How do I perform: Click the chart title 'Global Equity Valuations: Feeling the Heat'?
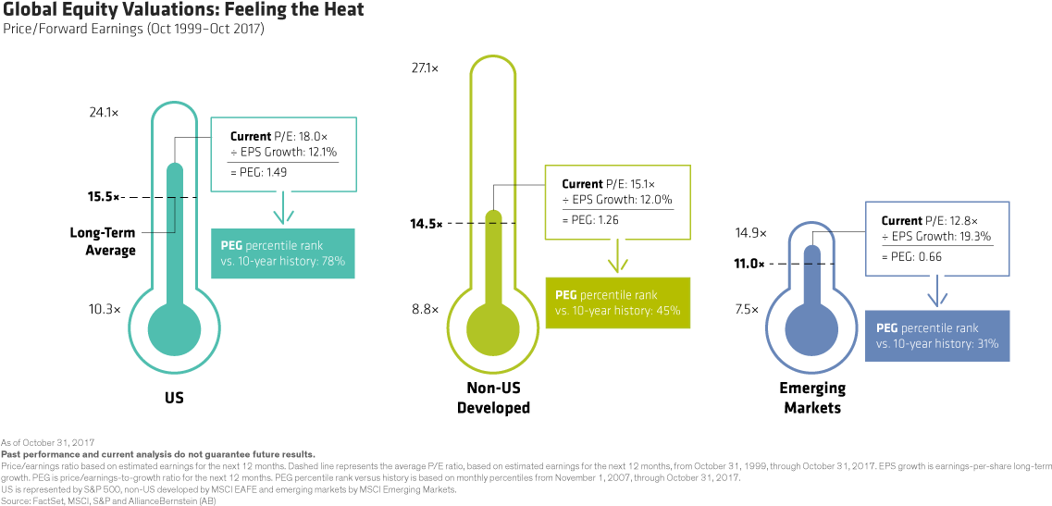tap(182, 11)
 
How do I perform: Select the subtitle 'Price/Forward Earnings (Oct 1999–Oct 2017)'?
tap(133, 30)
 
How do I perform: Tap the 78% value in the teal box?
tap(332, 262)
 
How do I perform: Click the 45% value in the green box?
tap(667, 311)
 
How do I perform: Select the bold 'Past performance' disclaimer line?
tap(158, 454)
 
